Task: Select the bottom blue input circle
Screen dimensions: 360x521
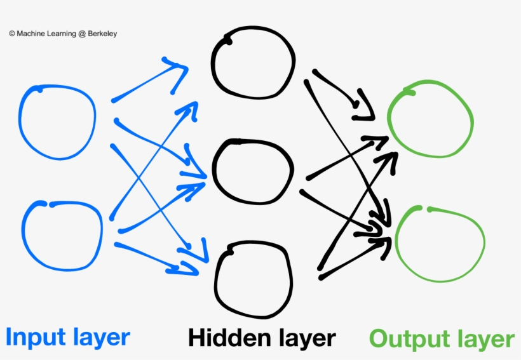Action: [62, 234]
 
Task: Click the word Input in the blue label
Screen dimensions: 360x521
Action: [37, 337]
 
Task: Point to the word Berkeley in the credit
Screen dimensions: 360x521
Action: [99, 34]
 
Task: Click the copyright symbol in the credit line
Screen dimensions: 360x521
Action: [12, 34]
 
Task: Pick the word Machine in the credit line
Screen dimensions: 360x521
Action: [31, 34]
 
